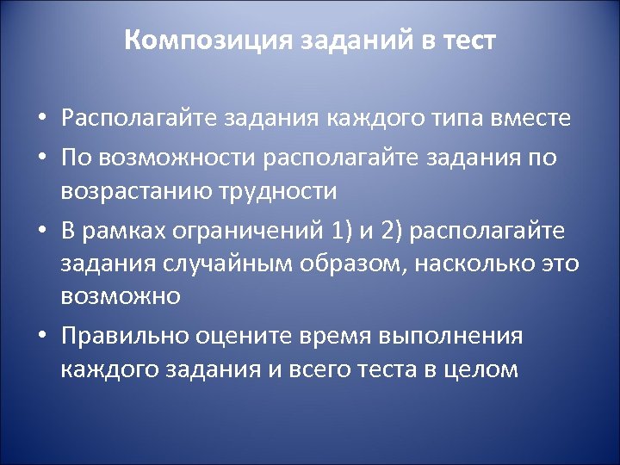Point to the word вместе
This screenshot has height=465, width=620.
pyautogui.click(x=527, y=118)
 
